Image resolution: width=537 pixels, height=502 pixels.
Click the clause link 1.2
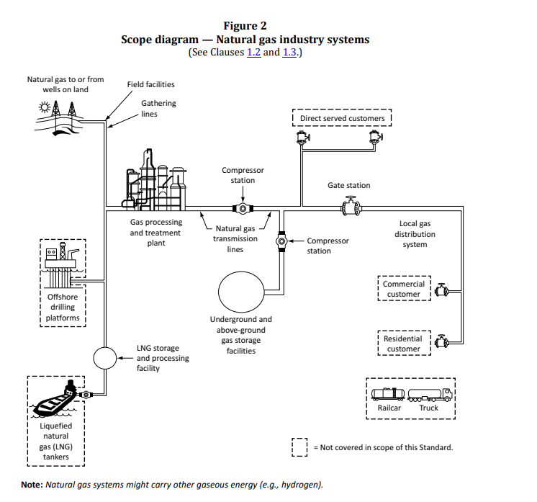pyautogui.click(x=254, y=52)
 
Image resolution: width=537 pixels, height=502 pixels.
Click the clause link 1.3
pyautogui.click(x=289, y=52)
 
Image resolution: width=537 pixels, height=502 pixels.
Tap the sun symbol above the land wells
pyautogui.click(x=45, y=107)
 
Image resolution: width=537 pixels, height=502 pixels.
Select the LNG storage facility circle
pyautogui.click(x=105, y=358)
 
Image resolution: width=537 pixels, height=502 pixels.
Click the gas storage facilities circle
pyautogui.click(x=241, y=292)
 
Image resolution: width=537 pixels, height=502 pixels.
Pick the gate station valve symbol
pyautogui.click(x=351, y=206)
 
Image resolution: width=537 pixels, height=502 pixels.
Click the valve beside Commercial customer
pyautogui.click(x=441, y=290)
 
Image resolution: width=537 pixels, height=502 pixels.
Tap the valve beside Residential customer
pyautogui.click(x=441, y=341)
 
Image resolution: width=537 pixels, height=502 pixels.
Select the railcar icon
pyautogui.click(x=388, y=394)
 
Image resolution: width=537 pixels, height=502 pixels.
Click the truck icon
pyautogui.click(x=430, y=395)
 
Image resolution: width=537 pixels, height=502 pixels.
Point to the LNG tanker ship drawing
pyautogui.click(x=55, y=398)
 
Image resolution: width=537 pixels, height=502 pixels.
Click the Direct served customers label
pyautogui.click(x=342, y=118)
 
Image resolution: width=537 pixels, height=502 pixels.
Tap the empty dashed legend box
pyautogui.click(x=299, y=447)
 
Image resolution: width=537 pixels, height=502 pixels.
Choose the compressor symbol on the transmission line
pyautogui.click(x=243, y=208)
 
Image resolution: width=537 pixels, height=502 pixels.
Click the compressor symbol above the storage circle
pyautogui.click(x=281, y=241)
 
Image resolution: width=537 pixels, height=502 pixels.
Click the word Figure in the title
pyautogui.click(x=238, y=26)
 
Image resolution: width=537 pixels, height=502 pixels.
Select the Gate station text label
pyautogui.click(x=348, y=185)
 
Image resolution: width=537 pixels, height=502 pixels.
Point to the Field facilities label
pyautogui.click(x=150, y=84)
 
